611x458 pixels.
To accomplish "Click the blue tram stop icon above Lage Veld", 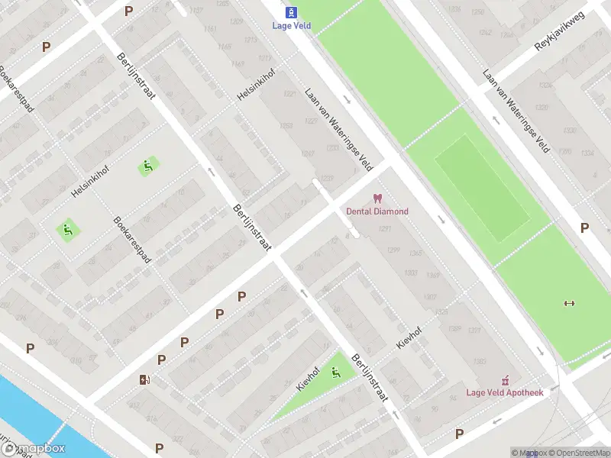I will click(x=291, y=12).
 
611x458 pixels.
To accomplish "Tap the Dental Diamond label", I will click(x=377, y=211).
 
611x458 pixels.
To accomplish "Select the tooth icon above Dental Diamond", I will click(x=377, y=198).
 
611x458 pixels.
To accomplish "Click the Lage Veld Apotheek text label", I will click(x=505, y=392).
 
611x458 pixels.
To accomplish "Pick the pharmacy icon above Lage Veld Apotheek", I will click(x=505, y=379).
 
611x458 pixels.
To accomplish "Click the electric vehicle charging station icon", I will click(x=144, y=379).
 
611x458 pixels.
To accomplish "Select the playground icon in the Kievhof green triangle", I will click(x=335, y=373).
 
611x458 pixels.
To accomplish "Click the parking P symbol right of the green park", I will click(x=584, y=227).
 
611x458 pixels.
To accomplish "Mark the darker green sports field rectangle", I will click(x=483, y=188).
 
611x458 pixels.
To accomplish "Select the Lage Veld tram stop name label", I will click(x=291, y=25).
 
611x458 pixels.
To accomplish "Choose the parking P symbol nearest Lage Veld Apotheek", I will click(x=459, y=434).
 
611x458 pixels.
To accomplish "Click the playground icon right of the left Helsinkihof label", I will click(x=147, y=166).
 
